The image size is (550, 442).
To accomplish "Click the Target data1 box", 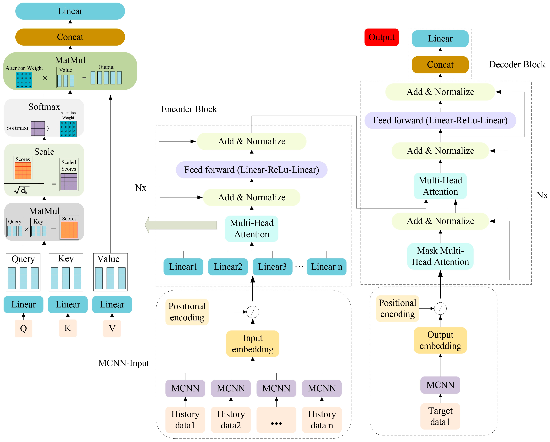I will click(440, 416).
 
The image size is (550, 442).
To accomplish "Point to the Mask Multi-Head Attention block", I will click(440, 256).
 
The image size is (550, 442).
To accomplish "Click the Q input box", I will click(23, 328).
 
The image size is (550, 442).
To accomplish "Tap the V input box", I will click(112, 328).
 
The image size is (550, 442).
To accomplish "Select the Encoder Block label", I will click(189, 109).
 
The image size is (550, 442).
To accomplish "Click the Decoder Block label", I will click(517, 64).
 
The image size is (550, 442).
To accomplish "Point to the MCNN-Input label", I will click(124, 363).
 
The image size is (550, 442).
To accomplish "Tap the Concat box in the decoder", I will click(440, 65).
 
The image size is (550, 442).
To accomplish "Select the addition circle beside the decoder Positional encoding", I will click(440, 309).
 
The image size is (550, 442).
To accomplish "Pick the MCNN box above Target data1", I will click(440, 385).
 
